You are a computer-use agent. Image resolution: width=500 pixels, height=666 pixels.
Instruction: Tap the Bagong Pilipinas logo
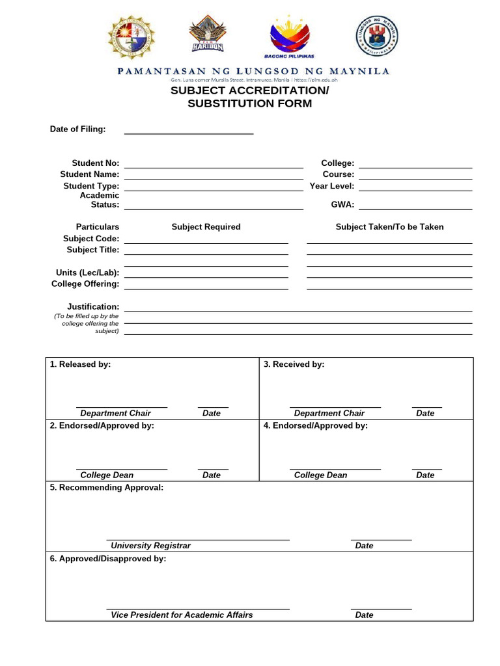(x=290, y=36)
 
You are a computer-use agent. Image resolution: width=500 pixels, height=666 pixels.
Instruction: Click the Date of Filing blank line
(x=188, y=133)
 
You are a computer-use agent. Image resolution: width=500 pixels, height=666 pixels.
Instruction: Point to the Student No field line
(x=214, y=166)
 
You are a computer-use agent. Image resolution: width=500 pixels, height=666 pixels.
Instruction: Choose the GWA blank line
(x=415, y=209)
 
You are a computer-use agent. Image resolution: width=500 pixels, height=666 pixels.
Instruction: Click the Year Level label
(x=332, y=186)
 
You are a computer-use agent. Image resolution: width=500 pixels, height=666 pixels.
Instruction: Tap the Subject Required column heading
(x=206, y=227)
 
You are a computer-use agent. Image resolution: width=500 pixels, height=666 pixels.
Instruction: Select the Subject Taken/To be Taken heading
(x=389, y=227)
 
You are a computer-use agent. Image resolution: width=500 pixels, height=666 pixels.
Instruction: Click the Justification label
(x=93, y=306)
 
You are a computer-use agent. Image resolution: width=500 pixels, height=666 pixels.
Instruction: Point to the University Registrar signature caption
(x=150, y=546)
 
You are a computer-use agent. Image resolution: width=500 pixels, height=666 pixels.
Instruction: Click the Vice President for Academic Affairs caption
(x=182, y=615)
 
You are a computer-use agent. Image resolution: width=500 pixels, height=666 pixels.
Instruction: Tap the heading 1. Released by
(x=81, y=365)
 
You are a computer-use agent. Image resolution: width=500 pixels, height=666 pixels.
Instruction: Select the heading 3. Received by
(x=294, y=365)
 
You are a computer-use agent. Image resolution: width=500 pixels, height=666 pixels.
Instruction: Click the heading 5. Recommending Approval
(x=107, y=487)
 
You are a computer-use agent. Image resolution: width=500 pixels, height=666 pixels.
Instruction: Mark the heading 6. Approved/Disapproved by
(x=108, y=559)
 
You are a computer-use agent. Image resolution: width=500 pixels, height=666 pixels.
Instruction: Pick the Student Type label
(x=91, y=186)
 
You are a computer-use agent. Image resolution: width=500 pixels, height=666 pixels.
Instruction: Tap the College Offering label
(x=85, y=284)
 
